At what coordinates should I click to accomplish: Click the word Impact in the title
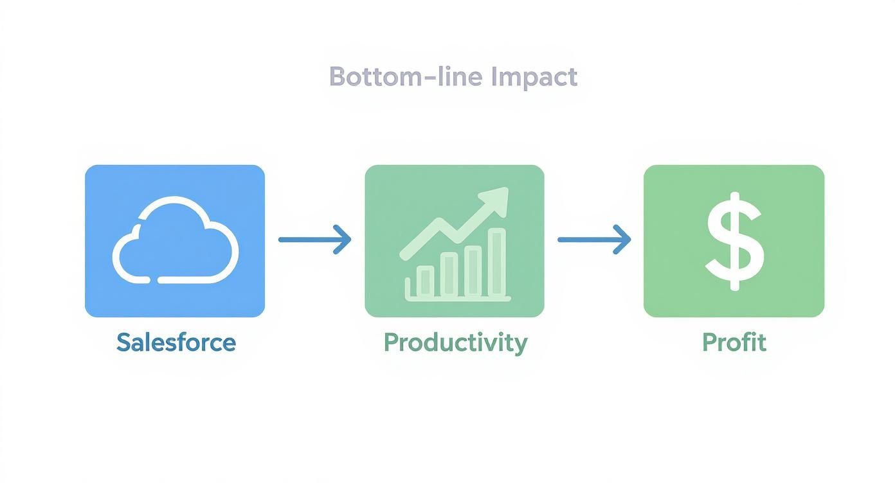[534, 77]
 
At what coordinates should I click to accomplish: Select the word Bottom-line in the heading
[405, 77]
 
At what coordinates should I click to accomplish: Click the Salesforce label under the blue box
[176, 342]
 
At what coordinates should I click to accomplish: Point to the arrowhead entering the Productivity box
[345, 240]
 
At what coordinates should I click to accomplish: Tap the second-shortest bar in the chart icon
[449, 274]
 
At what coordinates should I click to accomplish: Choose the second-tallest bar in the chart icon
[473, 270]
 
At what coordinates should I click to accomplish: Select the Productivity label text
[455, 342]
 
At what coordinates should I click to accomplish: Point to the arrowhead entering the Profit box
[624, 240]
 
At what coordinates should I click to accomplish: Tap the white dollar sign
[734, 241]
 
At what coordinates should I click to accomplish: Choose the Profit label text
[734, 342]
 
